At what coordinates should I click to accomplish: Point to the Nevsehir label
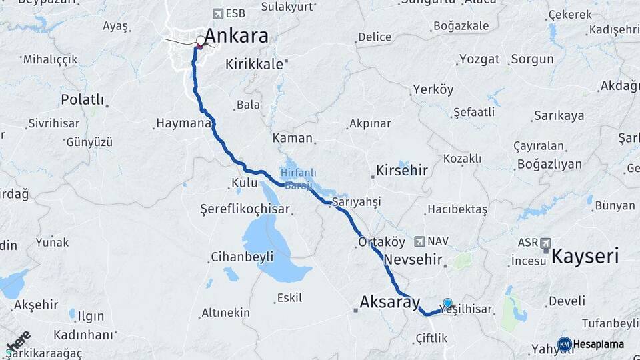pos(413,259)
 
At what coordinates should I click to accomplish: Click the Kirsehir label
pos(401,170)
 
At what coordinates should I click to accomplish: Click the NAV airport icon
pos(419,241)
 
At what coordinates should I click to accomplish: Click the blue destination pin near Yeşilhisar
pos(447,303)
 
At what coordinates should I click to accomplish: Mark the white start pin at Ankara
pos(201,41)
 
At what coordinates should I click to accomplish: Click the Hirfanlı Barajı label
pos(295,179)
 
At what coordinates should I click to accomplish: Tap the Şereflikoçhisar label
pos(245,209)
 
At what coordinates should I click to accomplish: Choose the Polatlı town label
pos(83,99)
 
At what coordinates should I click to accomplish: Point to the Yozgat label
pos(479,59)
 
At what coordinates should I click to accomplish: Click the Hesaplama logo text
pos(598,344)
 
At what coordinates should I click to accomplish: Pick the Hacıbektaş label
pos(457,209)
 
